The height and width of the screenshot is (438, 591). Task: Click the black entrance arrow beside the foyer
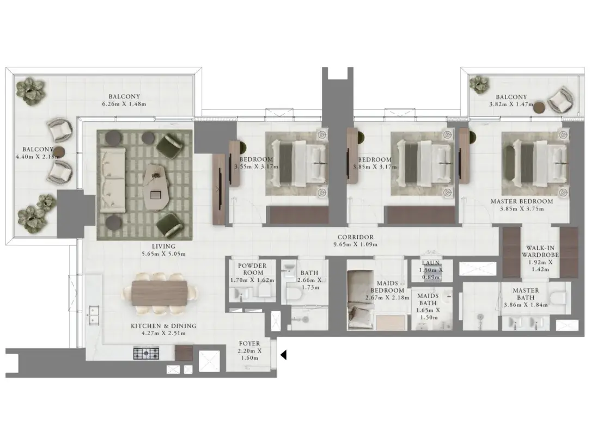tap(284, 355)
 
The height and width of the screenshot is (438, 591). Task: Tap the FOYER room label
tap(249, 343)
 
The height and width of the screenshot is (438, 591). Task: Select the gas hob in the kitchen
tap(146, 353)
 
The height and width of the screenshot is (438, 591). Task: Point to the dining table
tap(160, 293)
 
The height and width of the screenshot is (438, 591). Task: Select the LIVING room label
tap(163, 246)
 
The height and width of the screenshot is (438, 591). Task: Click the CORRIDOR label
tap(356, 237)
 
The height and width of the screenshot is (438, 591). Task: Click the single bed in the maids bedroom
tap(361, 299)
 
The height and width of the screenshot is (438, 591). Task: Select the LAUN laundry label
tap(431, 263)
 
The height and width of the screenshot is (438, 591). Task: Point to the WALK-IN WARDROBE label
tap(540, 251)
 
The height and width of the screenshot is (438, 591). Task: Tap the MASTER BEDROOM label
tap(522, 201)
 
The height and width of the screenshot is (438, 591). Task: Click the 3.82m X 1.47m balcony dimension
tap(511, 104)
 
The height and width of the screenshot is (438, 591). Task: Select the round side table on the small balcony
tap(540, 108)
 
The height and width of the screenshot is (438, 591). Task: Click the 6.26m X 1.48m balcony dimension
tap(124, 104)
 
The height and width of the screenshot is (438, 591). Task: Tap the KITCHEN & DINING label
tap(163, 326)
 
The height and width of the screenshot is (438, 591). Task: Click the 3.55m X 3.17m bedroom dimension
tap(257, 166)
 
